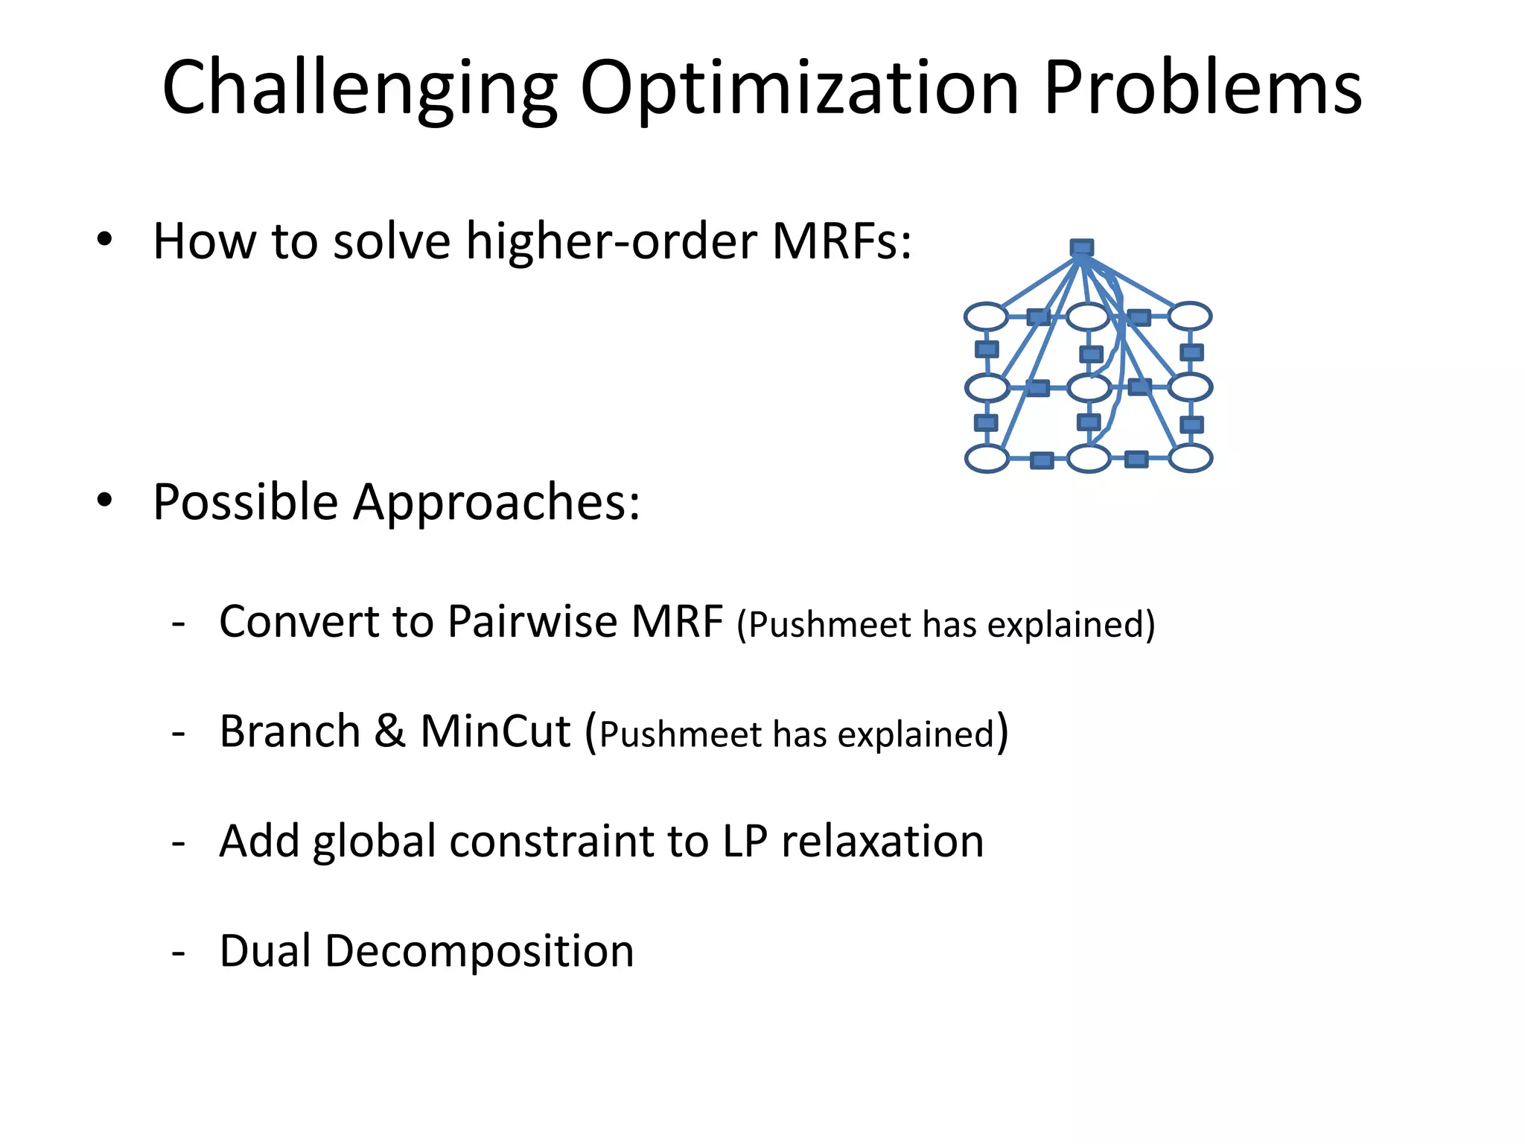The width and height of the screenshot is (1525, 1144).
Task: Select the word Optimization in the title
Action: (799, 89)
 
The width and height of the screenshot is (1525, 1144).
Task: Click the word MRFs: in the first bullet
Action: (841, 241)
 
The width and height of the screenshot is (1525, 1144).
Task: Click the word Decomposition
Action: (479, 951)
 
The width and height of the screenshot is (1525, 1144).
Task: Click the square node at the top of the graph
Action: (1081, 247)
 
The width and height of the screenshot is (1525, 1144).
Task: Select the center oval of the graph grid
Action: (1089, 388)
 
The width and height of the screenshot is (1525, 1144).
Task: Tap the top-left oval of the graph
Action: (987, 317)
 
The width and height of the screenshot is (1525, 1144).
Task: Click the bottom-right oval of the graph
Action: (1190, 458)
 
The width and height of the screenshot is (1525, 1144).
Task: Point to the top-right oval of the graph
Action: (1189, 317)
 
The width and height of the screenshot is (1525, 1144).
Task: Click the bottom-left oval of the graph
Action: (987, 458)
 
